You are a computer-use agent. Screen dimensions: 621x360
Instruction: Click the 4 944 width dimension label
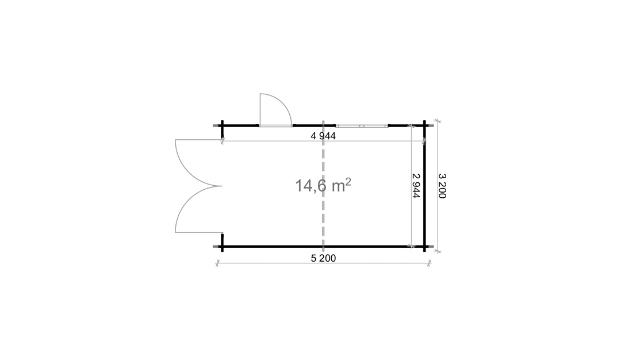click(x=323, y=136)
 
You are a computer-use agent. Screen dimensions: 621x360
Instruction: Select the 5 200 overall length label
click(x=323, y=258)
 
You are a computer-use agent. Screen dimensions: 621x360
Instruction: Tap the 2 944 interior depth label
click(x=416, y=186)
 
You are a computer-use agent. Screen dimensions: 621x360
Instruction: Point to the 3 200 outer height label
click(x=442, y=186)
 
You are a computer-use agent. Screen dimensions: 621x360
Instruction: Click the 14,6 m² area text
click(x=323, y=185)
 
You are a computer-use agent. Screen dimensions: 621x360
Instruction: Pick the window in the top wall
click(x=362, y=126)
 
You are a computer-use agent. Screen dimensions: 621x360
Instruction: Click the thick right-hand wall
click(x=424, y=186)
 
